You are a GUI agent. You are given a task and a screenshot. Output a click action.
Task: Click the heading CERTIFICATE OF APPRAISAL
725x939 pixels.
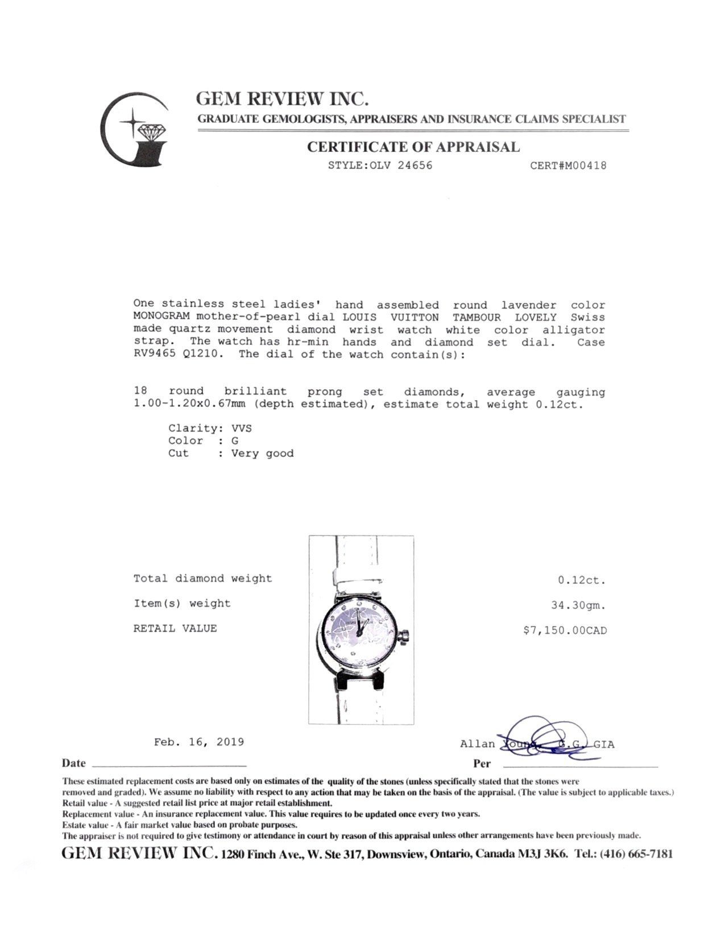(x=413, y=147)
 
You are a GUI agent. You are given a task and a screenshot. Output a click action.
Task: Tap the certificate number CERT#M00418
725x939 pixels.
(x=568, y=166)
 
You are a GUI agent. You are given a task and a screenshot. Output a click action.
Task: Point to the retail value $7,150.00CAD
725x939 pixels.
(x=565, y=631)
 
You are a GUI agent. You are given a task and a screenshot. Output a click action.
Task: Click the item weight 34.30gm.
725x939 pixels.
(x=578, y=606)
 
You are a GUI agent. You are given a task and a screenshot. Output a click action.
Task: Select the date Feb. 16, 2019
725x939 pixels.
(x=199, y=742)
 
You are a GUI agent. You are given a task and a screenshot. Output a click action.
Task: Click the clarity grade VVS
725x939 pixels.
(x=241, y=428)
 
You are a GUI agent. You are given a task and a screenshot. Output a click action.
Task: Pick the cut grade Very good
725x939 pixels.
(x=262, y=454)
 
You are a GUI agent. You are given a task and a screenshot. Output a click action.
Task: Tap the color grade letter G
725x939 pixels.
(x=235, y=440)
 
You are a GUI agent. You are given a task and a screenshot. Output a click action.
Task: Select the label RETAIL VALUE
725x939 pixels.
(x=175, y=628)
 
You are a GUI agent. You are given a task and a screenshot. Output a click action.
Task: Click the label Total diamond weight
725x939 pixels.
(x=202, y=579)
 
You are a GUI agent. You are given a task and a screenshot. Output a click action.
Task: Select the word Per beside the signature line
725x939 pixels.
(x=482, y=764)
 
